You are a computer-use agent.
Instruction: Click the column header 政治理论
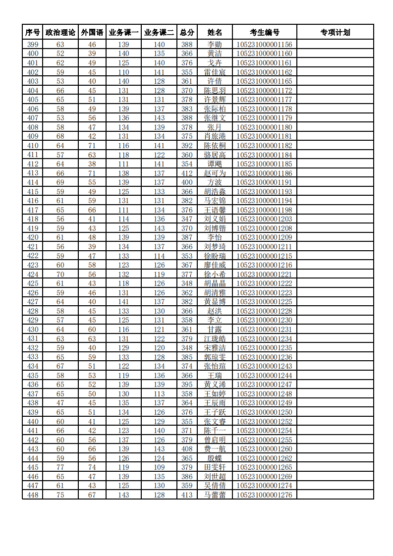(60, 33)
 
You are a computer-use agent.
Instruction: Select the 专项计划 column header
(335, 33)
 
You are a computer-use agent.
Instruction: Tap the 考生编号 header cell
(264, 33)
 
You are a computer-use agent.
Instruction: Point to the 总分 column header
(187, 33)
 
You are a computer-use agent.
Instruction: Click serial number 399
(33, 45)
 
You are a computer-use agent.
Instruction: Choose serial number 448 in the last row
(33, 495)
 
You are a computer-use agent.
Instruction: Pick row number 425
(33, 283)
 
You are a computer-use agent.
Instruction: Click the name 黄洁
(215, 54)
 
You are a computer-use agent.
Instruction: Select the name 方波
(215, 182)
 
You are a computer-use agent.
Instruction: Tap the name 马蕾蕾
(215, 495)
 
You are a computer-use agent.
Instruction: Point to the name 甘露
(215, 330)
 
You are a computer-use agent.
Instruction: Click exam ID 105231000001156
(264, 45)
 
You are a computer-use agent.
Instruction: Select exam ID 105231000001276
(264, 495)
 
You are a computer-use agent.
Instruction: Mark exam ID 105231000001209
(264, 237)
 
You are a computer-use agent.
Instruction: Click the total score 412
(187, 173)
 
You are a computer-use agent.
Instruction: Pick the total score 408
(187, 449)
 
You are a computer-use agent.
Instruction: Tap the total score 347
(187, 219)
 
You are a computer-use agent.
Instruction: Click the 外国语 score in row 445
(92, 467)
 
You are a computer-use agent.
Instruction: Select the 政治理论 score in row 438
(60, 403)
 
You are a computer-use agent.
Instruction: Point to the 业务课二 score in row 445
(159, 467)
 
